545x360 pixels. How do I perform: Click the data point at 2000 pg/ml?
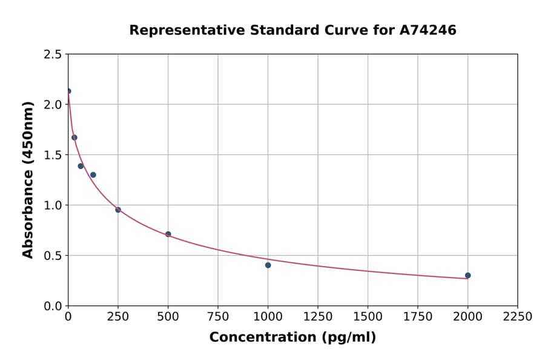coord(467,275)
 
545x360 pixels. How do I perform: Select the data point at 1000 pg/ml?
coord(268,265)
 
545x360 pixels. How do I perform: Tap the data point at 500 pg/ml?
coord(168,234)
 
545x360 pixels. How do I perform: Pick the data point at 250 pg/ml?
coord(118,210)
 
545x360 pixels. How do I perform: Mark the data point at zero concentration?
coord(68,91)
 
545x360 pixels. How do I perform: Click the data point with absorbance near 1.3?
coord(93,175)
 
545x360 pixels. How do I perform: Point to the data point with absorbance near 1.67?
coord(74,138)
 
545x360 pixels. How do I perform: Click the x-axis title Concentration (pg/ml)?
coord(292,338)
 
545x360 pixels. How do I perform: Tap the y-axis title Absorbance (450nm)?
coord(28,180)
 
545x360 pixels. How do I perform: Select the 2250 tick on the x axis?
coord(517,317)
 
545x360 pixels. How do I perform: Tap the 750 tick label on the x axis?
coord(218,317)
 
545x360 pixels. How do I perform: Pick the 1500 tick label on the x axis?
coord(368,317)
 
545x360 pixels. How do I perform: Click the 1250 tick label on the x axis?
coord(317,317)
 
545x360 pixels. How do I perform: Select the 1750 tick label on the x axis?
coord(417,317)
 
